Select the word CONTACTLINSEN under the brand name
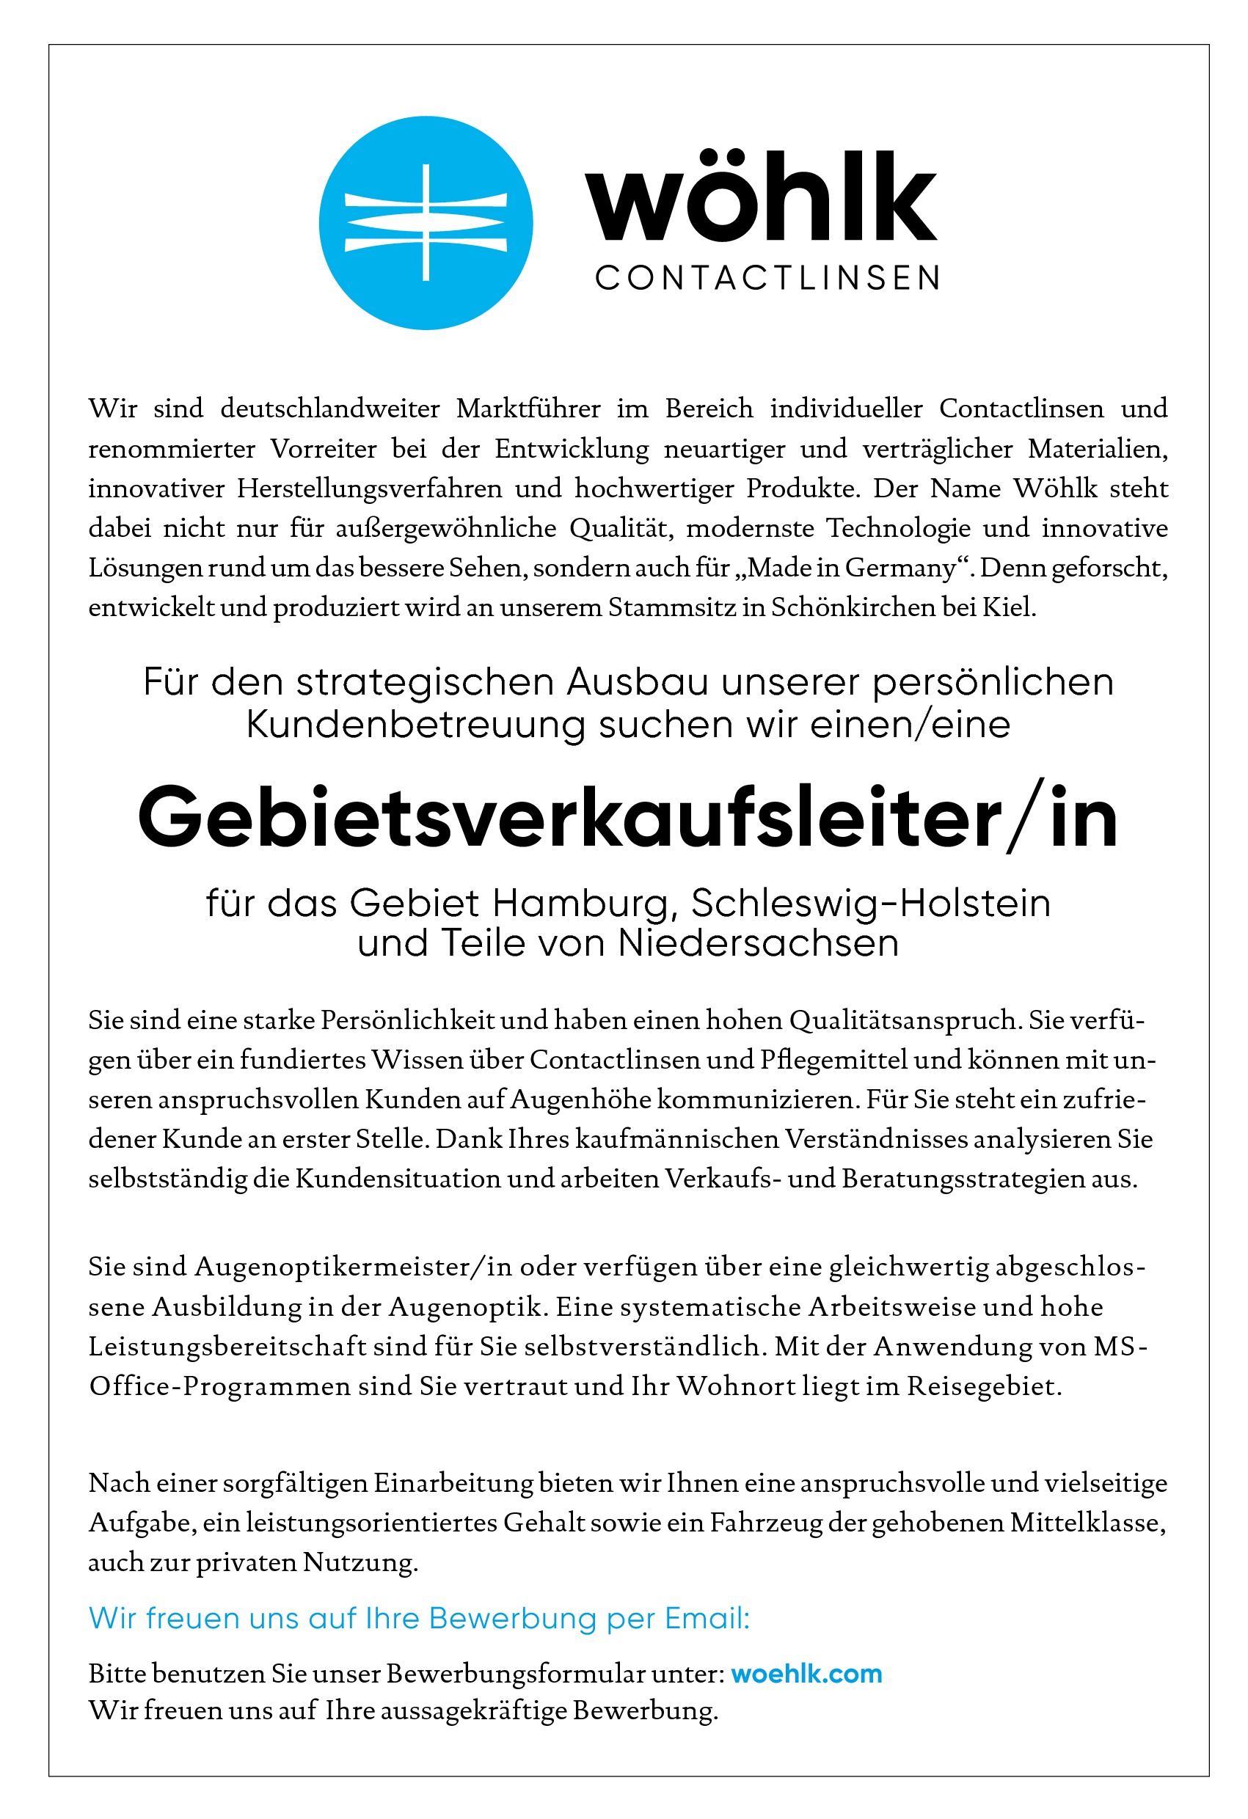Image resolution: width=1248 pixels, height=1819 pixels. point(767,278)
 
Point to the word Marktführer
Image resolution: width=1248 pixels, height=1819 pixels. point(528,409)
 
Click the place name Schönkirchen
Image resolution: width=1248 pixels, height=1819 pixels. point(853,607)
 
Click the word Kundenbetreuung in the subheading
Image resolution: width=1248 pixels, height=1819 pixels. point(415,725)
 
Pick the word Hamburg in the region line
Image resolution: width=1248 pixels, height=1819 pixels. point(585,903)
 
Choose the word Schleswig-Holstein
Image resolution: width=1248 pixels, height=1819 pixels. point(870,903)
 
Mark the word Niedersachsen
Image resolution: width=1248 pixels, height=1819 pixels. point(758,943)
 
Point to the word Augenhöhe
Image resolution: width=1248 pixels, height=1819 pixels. point(580,1099)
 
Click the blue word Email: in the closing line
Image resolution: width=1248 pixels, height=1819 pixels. point(707,1619)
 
